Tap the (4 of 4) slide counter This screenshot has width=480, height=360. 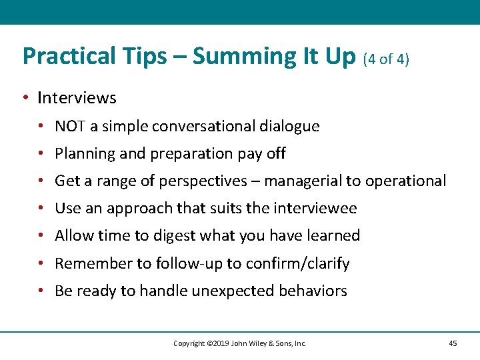tap(386, 59)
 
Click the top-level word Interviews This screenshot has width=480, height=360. tap(77, 98)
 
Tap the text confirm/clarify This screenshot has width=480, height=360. tap(297, 263)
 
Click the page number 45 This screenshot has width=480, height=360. tap(453, 343)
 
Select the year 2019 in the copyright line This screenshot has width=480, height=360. tap(221, 343)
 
